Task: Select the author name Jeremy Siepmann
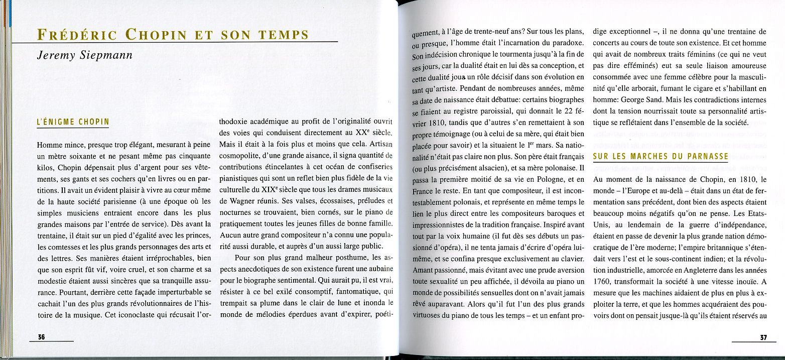[84, 55]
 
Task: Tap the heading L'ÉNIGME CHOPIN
[73, 122]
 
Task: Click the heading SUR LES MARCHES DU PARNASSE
[661, 156]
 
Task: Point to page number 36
[42, 337]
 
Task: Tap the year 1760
[603, 283]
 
